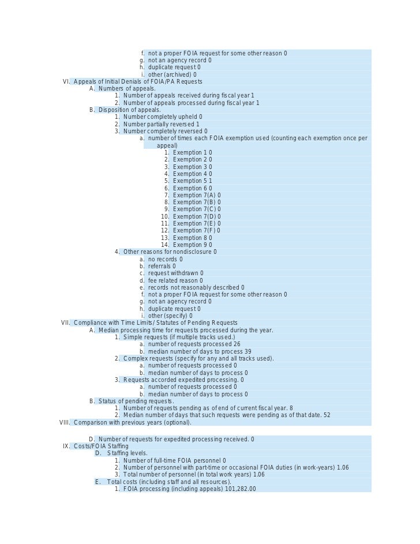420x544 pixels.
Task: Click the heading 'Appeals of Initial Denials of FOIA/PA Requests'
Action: [137, 81]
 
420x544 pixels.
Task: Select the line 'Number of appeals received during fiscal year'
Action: [188, 96]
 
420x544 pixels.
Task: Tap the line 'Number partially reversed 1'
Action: [161, 124]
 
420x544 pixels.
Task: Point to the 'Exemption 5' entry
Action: [192, 181]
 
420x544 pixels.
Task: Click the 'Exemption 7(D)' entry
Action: [196, 216]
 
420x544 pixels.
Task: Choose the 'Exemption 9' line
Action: [192, 245]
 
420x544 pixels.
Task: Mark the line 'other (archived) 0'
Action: [172, 74]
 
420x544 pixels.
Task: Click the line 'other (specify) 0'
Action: [170, 316]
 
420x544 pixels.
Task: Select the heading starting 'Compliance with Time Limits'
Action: [155, 322]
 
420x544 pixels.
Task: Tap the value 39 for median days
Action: [247, 351]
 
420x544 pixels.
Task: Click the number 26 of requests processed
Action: [237, 344]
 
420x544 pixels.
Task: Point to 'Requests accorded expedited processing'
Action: [183, 380]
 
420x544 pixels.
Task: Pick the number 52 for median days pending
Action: [327, 415]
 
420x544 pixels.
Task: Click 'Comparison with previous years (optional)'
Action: [132, 422]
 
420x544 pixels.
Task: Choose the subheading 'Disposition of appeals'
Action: [129, 110]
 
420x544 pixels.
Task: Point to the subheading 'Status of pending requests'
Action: [136, 401]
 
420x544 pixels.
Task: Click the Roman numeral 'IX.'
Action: [66, 446]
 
